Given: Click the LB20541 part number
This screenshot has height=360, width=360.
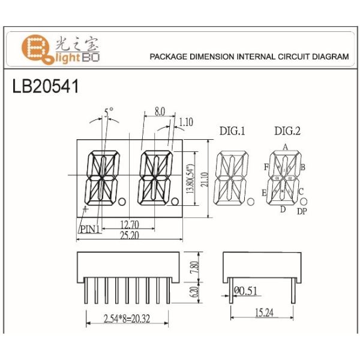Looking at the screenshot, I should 45,86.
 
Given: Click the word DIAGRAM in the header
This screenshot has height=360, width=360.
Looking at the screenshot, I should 329,57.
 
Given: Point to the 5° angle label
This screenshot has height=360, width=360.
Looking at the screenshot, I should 108,112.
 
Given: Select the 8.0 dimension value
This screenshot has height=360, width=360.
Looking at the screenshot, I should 160,112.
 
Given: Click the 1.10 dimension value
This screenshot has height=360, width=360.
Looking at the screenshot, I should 186,122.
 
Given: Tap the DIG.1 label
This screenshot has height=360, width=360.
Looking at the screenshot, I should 232,131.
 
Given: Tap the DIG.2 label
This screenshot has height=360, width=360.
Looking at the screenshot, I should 287,131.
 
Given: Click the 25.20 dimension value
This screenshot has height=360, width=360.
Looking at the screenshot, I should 128,236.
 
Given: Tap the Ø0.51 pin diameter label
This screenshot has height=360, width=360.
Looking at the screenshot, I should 247,292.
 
